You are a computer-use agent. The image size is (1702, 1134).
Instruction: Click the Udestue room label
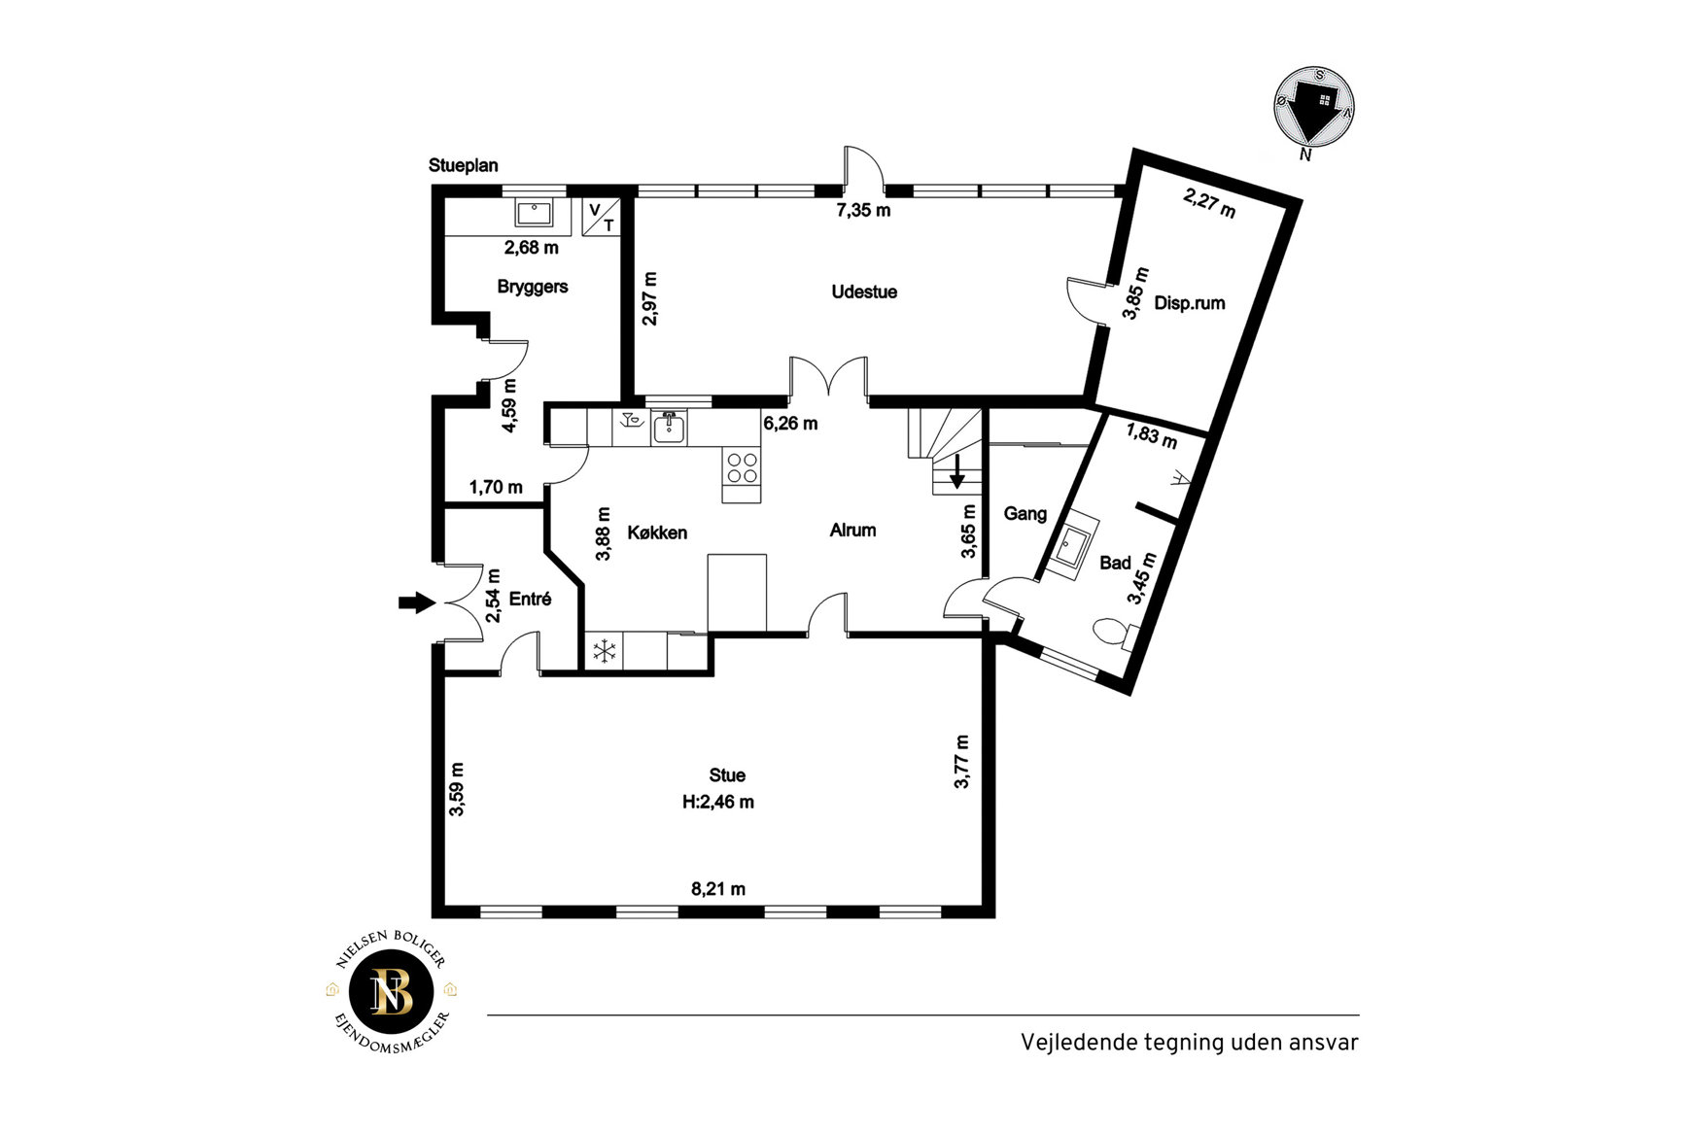pyautogui.click(x=863, y=292)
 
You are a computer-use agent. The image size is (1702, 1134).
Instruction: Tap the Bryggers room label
pyautogui.click(x=532, y=287)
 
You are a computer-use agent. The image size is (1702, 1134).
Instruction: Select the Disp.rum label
pyautogui.click(x=1189, y=303)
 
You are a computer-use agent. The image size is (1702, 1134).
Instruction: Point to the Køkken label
pyautogui.click(x=657, y=533)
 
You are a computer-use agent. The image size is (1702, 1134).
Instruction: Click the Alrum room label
pyautogui.click(x=852, y=530)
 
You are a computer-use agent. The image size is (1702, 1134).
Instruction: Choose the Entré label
pyautogui.click(x=530, y=599)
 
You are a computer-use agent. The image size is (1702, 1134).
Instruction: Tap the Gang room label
pyautogui.click(x=1025, y=513)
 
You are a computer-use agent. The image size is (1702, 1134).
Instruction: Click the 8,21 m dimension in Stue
pyautogui.click(x=718, y=888)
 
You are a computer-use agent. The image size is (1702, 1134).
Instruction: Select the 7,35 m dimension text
pyautogui.click(x=863, y=210)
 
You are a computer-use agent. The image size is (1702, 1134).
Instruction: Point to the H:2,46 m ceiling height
pyautogui.click(x=718, y=802)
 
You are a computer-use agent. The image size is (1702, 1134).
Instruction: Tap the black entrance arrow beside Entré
pyautogui.click(x=417, y=602)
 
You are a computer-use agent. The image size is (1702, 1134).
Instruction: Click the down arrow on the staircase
pyautogui.click(x=957, y=471)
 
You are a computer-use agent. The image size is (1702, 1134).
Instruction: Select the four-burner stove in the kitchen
pyautogui.click(x=742, y=468)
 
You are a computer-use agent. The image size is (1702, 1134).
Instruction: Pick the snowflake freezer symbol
pyautogui.click(x=605, y=651)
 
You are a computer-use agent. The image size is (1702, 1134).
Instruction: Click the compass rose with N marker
pyautogui.click(x=1314, y=108)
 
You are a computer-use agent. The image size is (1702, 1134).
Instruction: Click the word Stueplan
pyautogui.click(x=464, y=165)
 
